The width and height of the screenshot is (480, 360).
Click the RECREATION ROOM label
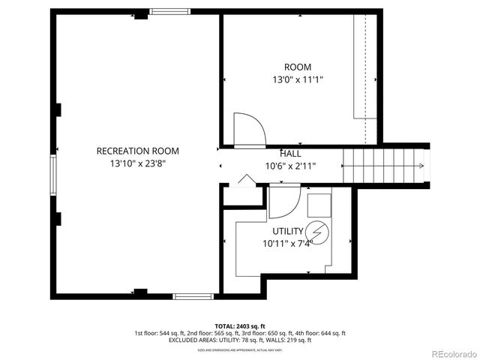137,151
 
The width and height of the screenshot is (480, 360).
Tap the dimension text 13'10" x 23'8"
137,163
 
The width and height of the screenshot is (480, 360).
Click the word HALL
291,153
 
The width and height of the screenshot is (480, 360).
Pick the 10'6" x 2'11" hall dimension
290,166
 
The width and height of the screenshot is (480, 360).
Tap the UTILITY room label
288,231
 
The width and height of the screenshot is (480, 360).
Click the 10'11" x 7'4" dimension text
288,243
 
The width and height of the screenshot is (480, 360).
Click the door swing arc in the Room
249,129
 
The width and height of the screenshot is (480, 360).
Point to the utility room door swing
283,202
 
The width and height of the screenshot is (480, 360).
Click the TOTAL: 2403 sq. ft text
240,326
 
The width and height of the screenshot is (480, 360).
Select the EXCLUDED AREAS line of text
240,340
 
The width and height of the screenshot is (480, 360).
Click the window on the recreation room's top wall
164,11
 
